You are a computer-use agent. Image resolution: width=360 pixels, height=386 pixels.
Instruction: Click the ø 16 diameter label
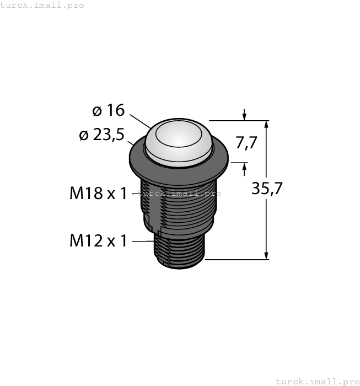tap(109, 111)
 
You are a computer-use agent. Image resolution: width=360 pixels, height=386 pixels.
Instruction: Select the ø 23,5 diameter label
tap(102, 135)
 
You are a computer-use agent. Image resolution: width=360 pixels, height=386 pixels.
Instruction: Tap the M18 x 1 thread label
tap(98, 194)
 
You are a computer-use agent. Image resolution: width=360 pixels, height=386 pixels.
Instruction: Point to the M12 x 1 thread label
tap(98, 241)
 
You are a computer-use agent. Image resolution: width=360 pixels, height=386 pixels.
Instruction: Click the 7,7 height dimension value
tap(246, 143)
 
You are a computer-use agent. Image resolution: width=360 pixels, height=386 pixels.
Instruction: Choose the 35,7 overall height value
tap(267, 189)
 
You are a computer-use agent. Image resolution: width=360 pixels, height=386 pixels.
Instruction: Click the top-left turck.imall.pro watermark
tap(42, 5)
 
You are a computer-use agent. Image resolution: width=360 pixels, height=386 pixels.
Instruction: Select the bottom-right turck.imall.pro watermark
tap(317, 381)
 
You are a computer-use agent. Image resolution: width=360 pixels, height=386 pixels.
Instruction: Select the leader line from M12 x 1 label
tap(141, 241)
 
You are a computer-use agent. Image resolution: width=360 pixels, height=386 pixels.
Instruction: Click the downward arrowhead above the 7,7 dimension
tap(244, 116)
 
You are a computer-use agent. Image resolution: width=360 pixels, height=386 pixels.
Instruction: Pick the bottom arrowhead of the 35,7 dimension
tap(267, 254)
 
